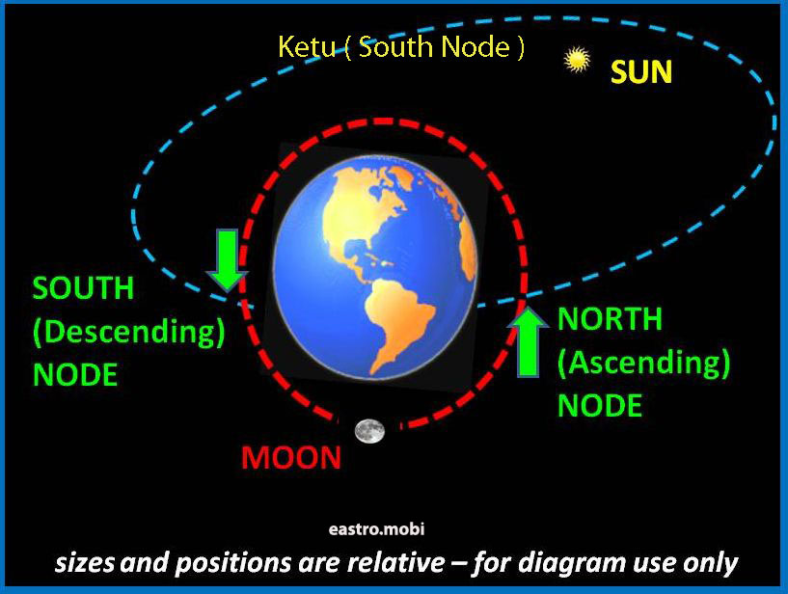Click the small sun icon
577,60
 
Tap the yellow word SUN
641,72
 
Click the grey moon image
369,431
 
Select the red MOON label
291,458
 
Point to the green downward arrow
228,259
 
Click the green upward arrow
528,341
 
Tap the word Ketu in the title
307,46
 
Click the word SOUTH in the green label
83,288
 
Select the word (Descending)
128,332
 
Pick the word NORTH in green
611,318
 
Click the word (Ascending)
643,363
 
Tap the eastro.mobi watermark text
376,529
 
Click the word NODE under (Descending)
75,375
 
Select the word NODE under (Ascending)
600,406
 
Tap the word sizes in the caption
85,563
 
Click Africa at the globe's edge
469,246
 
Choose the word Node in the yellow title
476,46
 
